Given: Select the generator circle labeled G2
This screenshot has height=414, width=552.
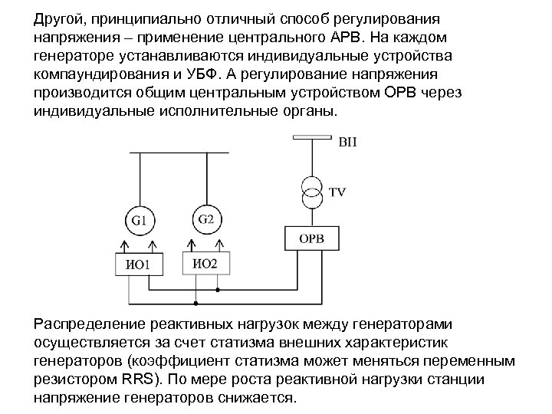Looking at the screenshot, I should tap(205, 219).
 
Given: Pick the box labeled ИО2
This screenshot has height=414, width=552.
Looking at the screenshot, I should tap(205, 264).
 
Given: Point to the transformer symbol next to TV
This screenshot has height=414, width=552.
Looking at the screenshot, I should tap(311, 192).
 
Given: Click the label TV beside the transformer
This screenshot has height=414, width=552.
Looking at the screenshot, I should tap(337, 192).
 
